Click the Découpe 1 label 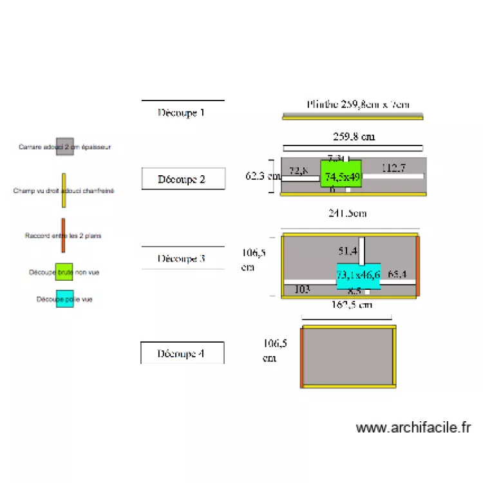182,112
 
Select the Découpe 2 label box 183,179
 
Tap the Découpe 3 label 182,258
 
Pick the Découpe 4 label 182,353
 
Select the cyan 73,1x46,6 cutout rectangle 359,276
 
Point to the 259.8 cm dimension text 354,137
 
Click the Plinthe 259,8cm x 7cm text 357,104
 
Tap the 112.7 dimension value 393,168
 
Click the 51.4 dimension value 348,250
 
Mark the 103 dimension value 301,290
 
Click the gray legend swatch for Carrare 64,147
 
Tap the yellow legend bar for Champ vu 64,191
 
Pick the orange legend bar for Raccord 63,236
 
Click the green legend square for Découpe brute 64,272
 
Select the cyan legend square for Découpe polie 64,299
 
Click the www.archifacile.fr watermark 413,428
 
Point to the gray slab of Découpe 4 348,356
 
